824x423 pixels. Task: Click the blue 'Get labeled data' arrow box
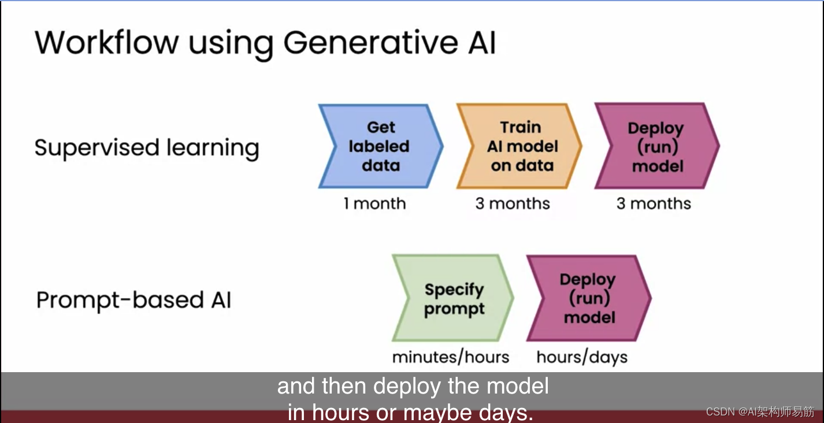[380, 146]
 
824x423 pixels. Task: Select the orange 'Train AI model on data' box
[519, 146]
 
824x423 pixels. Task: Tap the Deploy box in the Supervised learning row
[656, 147]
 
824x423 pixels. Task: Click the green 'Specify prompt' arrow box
[453, 299]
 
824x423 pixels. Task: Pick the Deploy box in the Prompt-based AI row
[588, 298]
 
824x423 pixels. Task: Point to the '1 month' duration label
[374, 203]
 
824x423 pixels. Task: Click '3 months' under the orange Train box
[513, 203]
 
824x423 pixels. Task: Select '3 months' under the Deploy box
[654, 203]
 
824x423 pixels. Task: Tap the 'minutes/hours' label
[451, 357]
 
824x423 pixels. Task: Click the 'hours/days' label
[582, 357]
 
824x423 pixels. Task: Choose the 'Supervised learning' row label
[147, 148]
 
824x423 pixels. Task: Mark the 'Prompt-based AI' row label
[133, 300]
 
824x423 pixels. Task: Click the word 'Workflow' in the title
[107, 42]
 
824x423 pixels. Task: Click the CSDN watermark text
[760, 411]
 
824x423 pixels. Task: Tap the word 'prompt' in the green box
[454, 309]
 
